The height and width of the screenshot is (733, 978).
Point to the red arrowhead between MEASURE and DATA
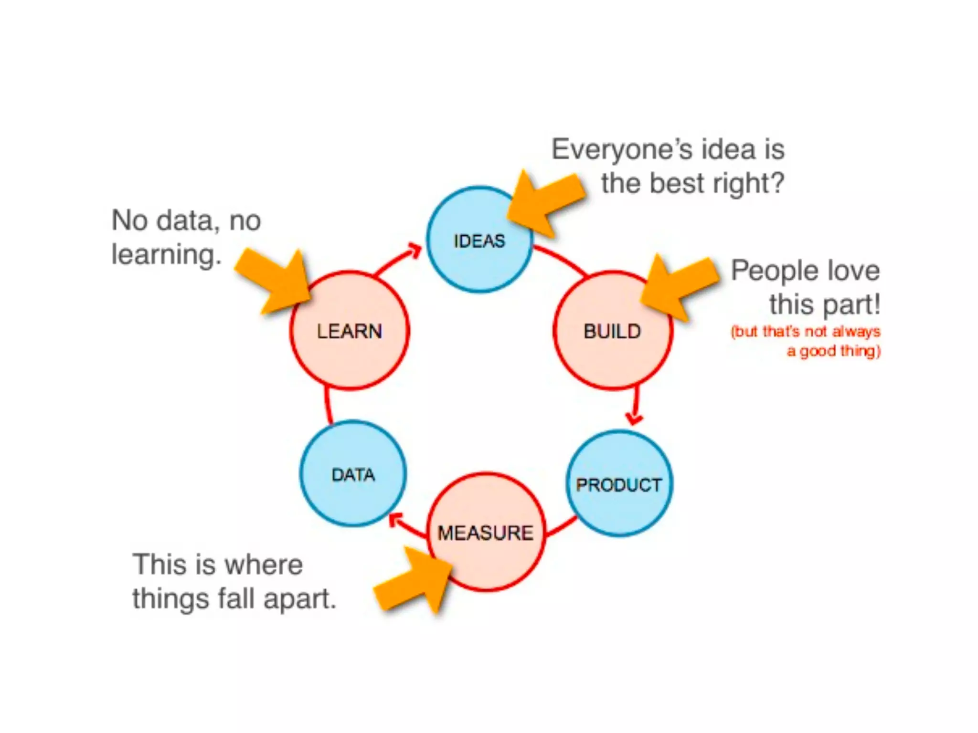click(x=395, y=519)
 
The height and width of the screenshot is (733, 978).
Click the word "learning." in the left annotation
click(x=166, y=254)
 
